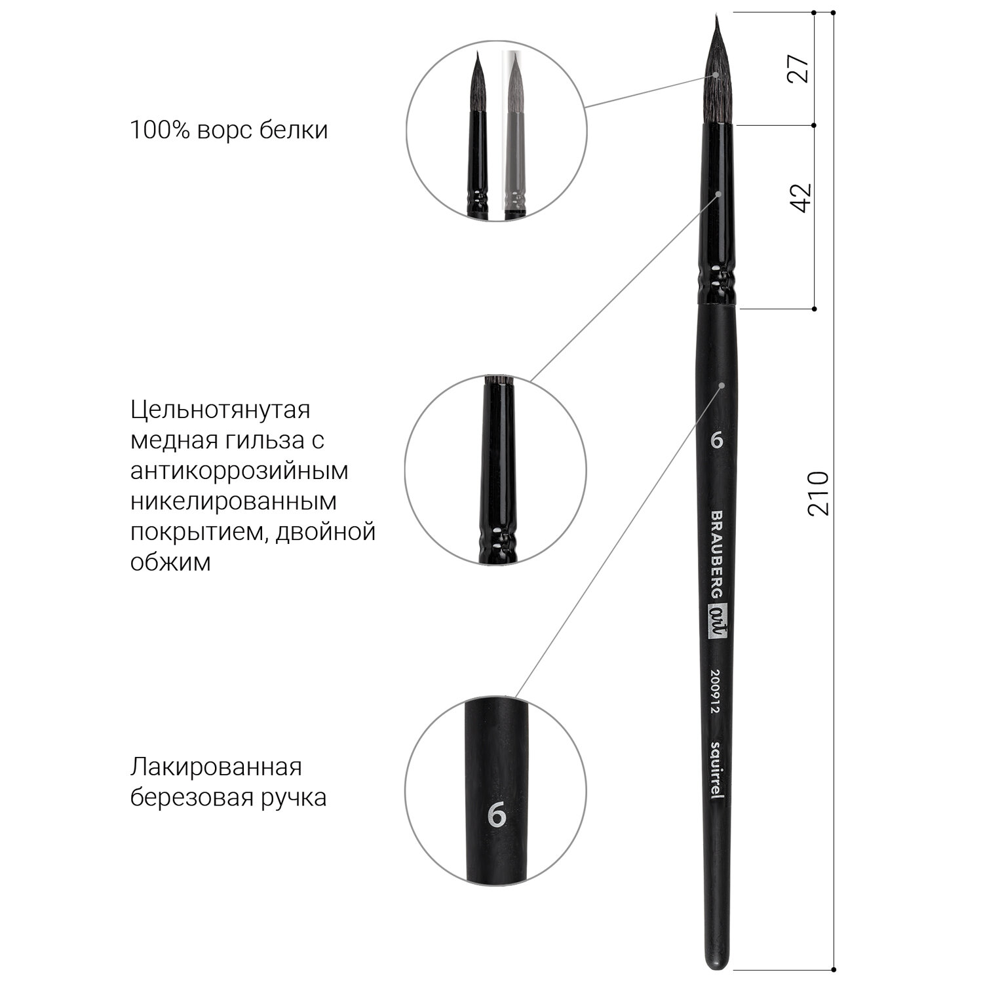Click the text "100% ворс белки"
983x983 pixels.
[229, 130]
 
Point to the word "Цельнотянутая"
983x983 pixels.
[220, 411]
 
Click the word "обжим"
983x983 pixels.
[170, 561]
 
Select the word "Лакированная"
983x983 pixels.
[216, 767]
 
